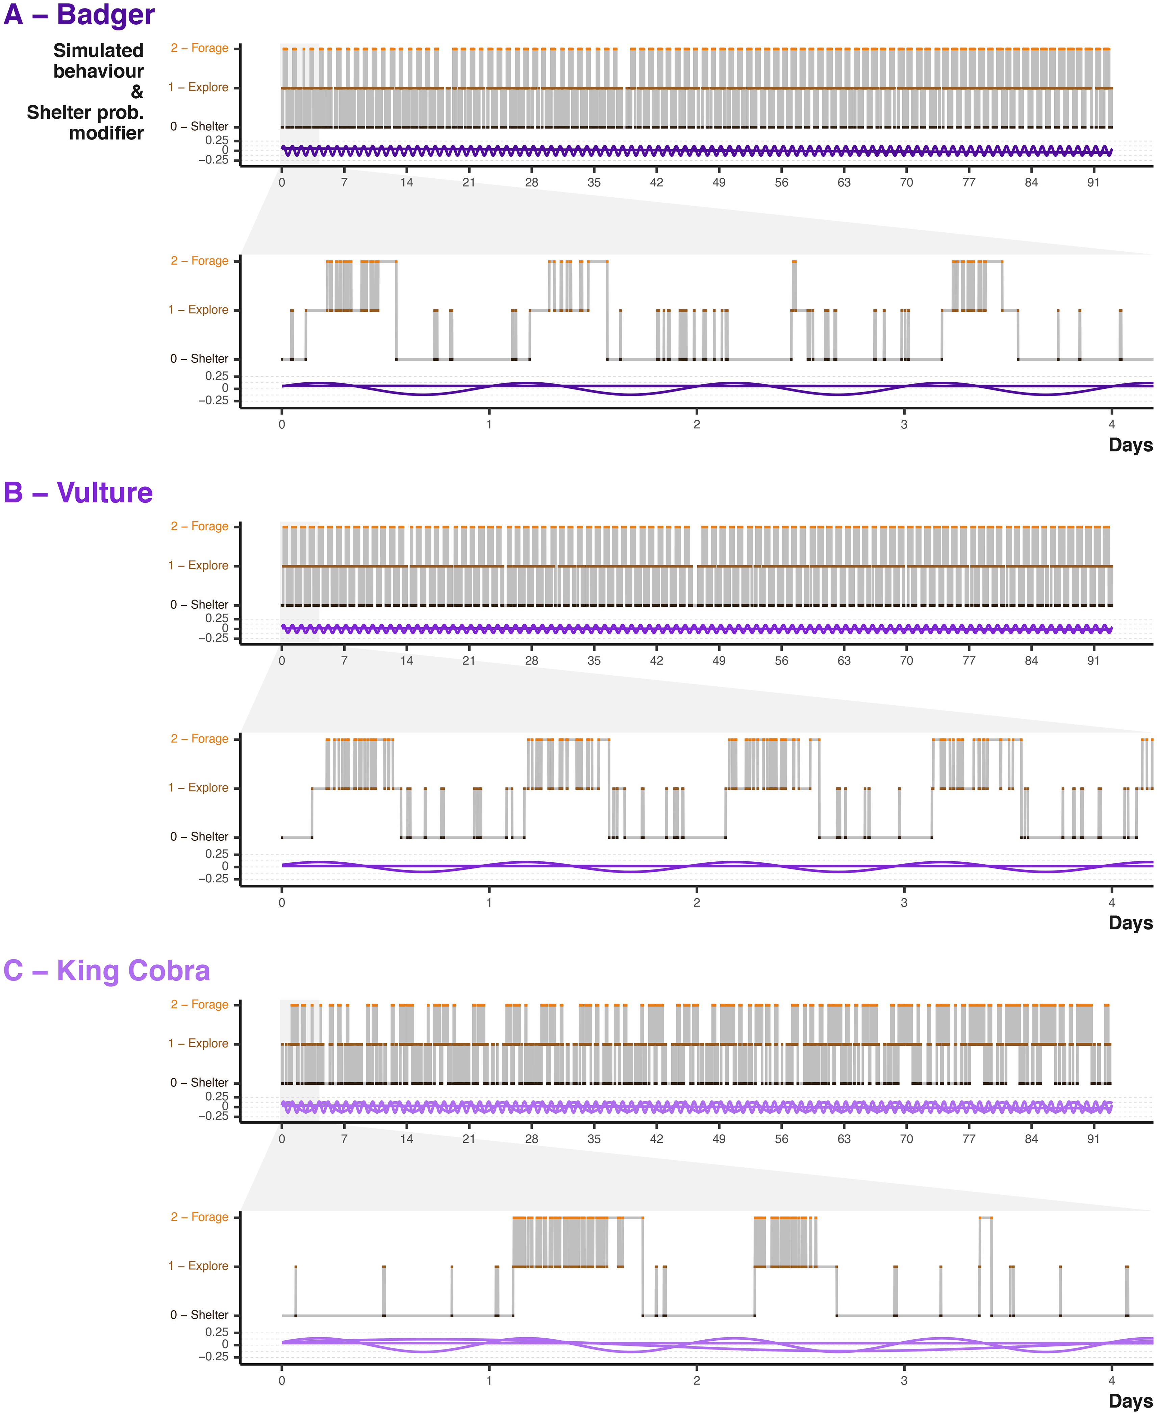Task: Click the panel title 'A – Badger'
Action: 79,15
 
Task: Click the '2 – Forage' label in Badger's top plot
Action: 199,48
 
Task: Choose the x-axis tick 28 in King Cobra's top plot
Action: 531,1139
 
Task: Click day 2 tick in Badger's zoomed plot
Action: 697,425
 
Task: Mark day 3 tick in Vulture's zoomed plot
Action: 904,903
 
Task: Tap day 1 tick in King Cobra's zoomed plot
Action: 489,1380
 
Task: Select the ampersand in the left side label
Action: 136,92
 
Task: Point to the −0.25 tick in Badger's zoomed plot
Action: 213,401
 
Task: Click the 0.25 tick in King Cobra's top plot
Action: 217,1096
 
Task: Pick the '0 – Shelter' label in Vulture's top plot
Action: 199,605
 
